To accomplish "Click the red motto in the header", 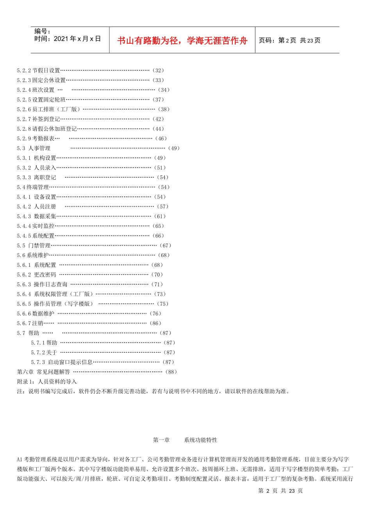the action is [x=182, y=41].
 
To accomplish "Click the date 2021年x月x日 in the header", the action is [x=77, y=39].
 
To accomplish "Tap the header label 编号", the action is [x=42, y=31].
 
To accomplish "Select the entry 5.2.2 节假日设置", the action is [x=39, y=70].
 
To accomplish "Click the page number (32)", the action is [x=158, y=70].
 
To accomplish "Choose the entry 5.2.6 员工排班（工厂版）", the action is [x=48, y=109].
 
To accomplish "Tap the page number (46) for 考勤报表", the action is [x=161, y=139].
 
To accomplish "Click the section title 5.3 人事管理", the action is [x=34, y=148].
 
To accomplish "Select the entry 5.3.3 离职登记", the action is [x=37, y=177].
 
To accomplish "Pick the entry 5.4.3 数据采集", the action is [x=37, y=216].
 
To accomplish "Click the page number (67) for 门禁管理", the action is [x=166, y=246].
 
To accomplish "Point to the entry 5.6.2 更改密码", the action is [x=37, y=275].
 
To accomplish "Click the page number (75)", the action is [x=162, y=304].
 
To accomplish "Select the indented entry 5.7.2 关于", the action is [x=44, y=352].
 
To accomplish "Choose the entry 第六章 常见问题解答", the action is [x=44, y=372].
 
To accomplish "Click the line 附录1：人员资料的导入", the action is [x=47, y=382].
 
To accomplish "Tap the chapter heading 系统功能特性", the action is [x=201, y=440].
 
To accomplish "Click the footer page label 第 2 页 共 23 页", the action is [x=280, y=491].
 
